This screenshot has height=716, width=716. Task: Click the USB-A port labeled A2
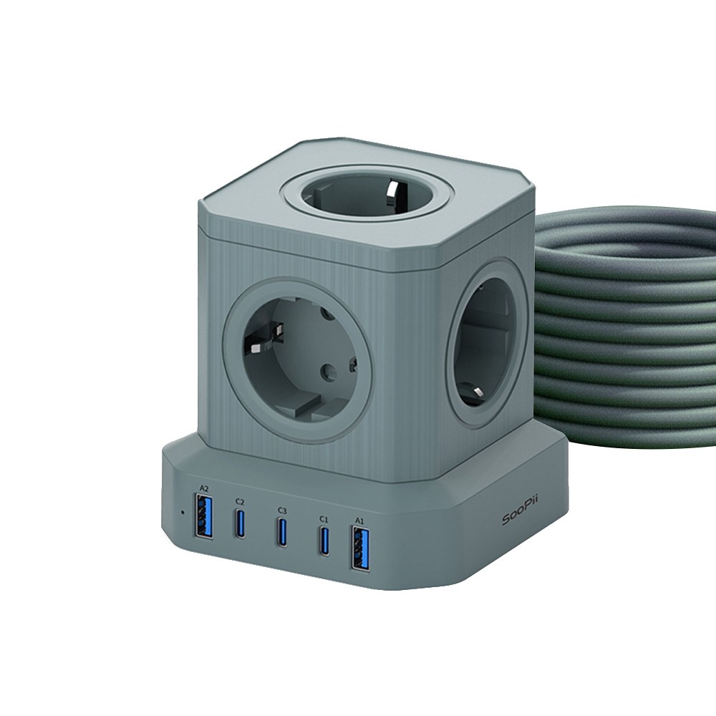(203, 518)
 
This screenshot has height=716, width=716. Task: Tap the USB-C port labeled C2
(239, 522)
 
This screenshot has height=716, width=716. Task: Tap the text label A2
(203, 488)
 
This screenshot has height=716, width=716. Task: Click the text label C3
(282, 510)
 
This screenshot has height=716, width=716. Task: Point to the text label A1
(359, 521)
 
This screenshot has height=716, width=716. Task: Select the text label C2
(240, 501)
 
